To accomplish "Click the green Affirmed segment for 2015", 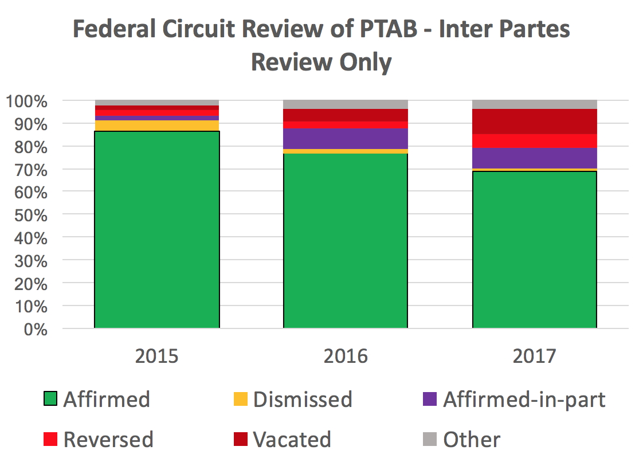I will tap(156, 229).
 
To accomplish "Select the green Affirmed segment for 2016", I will tap(346, 241).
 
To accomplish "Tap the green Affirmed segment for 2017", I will tap(535, 249).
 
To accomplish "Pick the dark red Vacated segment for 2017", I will tap(535, 122).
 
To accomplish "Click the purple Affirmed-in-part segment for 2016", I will tap(346, 139).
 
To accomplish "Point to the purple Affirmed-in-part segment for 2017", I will tap(535, 158).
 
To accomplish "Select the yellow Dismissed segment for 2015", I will tap(156, 126).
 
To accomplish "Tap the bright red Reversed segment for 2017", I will tap(535, 141).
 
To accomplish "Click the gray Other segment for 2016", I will tap(346, 104).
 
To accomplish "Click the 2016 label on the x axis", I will tap(346, 356).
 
